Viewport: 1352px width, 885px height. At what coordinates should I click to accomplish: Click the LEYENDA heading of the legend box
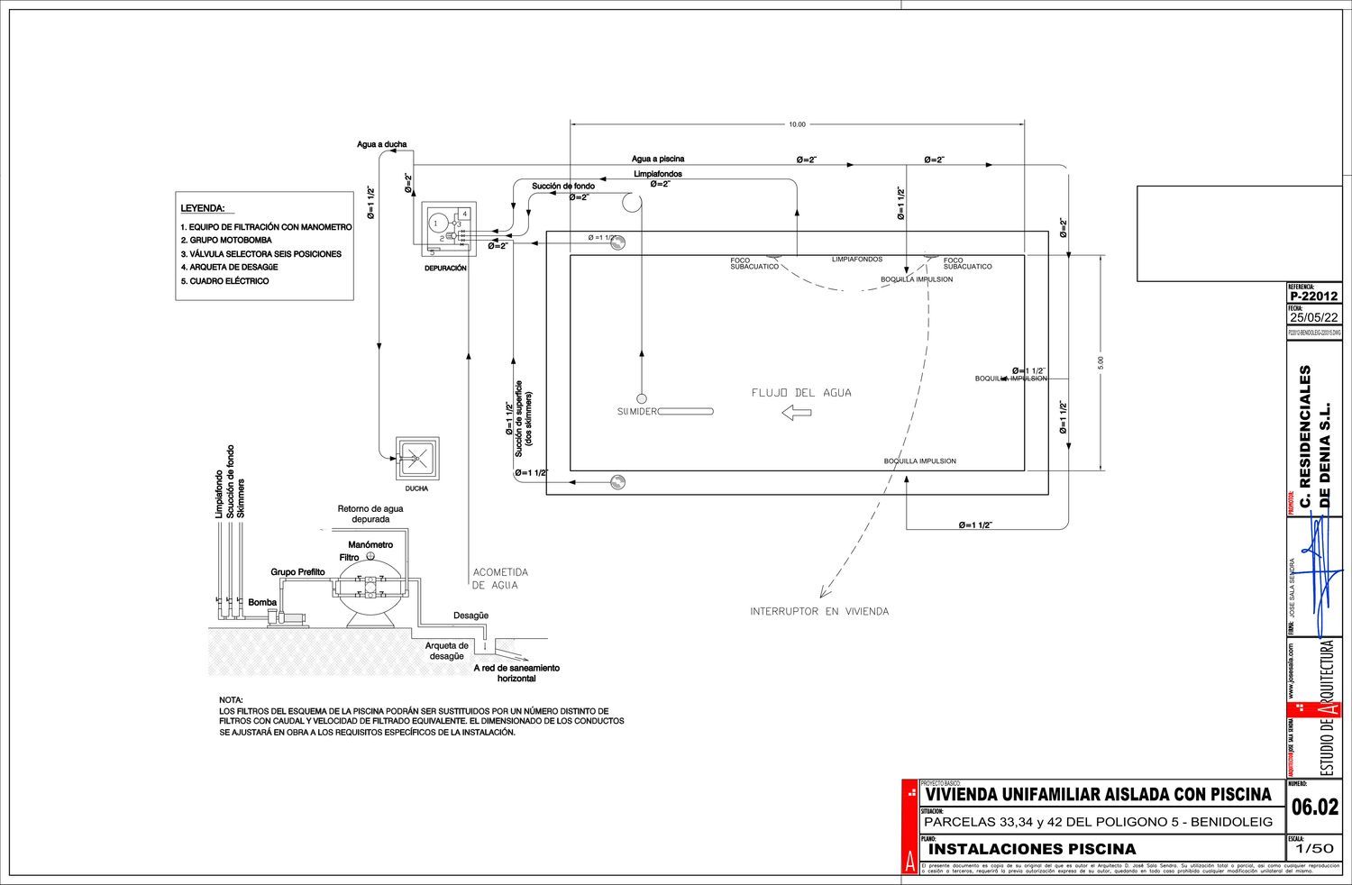click(x=202, y=207)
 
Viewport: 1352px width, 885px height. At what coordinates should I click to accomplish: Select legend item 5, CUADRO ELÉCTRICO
click(x=224, y=281)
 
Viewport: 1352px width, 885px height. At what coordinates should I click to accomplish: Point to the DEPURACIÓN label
click(x=445, y=269)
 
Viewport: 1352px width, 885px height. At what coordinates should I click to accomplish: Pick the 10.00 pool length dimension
click(x=797, y=124)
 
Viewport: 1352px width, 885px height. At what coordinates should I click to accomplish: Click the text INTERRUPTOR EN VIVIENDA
click(x=819, y=612)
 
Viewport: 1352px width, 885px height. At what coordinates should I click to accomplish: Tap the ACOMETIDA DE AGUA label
click(x=500, y=579)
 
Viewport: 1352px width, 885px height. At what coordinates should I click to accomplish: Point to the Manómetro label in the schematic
click(x=370, y=545)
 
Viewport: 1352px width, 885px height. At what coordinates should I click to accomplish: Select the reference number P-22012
click(x=1313, y=296)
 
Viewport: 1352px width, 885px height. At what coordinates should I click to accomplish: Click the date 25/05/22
click(x=1313, y=317)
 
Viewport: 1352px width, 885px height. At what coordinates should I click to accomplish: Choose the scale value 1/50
click(x=1313, y=848)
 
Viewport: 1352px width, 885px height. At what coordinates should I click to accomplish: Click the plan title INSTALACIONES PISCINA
click(x=1032, y=849)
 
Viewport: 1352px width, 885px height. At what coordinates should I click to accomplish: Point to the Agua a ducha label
click(x=381, y=144)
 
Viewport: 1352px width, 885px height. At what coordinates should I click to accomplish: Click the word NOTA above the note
click(x=231, y=700)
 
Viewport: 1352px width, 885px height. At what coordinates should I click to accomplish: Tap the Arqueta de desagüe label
click(x=447, y=651)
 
